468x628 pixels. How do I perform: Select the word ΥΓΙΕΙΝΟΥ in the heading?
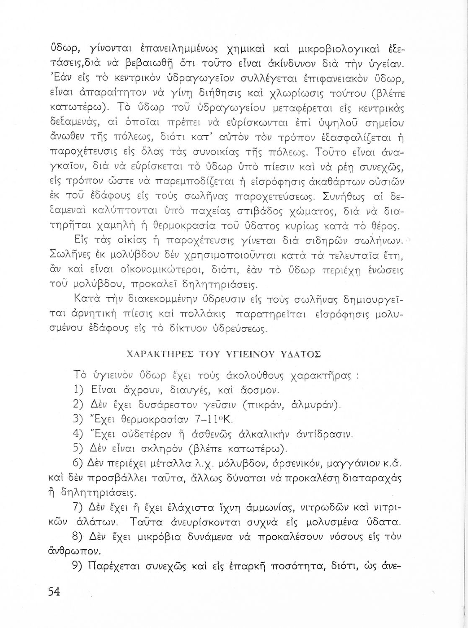(x=249, y=354)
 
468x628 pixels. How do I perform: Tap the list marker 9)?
(x=80, y=567)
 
